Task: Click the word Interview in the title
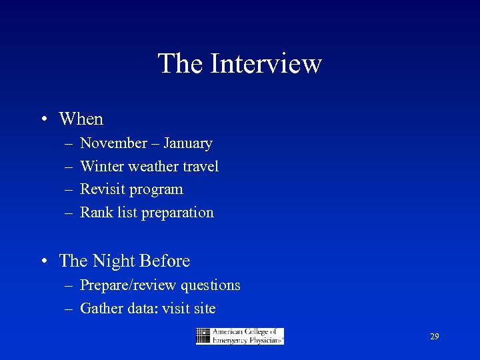[x=266, y=64]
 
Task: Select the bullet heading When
[x=81, y=119]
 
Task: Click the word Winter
[x=102, y=166]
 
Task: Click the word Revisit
[x=103, y=189]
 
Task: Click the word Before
[x=167, y=261]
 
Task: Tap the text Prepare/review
[x=121, y=286]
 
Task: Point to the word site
[x=204, y=309]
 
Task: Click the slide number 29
[x=434, y=337]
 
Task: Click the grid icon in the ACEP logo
[x=203, y=336]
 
